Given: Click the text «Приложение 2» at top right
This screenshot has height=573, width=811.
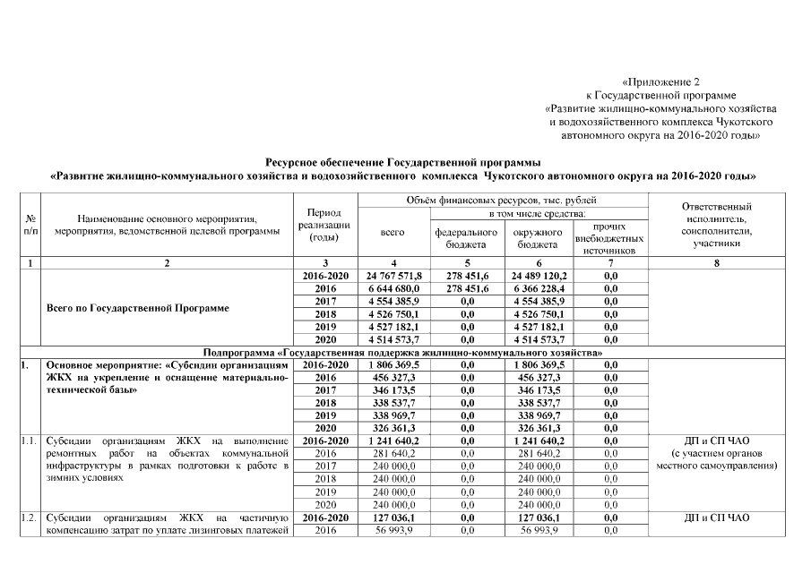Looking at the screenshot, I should click(x=659, y=81).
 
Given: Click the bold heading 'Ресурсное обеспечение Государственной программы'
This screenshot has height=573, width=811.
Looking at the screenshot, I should click(x=403, y=163).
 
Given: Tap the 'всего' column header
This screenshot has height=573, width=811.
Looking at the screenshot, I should click(x=393, y=232).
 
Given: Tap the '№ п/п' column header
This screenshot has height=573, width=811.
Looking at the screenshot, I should click(x=30, y=226).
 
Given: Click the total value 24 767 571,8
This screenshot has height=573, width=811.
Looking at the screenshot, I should click(x=393, y=276).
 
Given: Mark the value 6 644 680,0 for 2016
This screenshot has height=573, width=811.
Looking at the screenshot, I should click(x=393, y=289).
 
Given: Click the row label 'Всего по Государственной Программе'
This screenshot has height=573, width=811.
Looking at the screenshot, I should click(x=137, y=308).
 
